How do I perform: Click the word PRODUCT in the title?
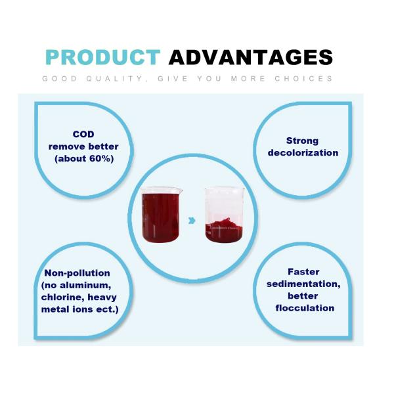click(x=102, y=58)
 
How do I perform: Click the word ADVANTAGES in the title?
click(x=251, y=58)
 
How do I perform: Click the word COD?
click(x=83, y=135)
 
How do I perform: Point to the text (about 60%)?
click(x=83, y=158)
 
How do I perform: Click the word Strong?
click(x=303, y=141)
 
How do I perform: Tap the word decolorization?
click(x=303, y=152)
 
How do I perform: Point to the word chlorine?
click(x=64, y=297)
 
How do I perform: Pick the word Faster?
click(x=303, y=272)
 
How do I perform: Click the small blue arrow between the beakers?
click(x=191, y=221)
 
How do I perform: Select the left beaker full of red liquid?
click(x=161, y=214)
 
